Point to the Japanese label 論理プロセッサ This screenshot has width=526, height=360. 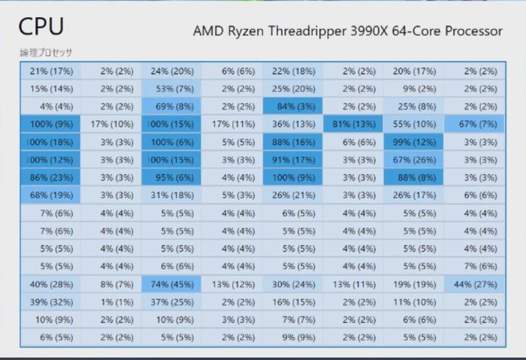[46, 52]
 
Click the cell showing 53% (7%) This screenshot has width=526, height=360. [172, 89]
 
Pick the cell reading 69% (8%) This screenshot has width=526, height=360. [172, 106]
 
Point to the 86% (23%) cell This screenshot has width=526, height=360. [51, 177]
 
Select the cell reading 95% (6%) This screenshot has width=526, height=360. [172, 177]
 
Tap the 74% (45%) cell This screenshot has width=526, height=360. [172, 284]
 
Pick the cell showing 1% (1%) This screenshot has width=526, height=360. [111, 302]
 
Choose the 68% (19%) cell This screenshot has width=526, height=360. [51, 194]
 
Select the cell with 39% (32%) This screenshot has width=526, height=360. [51, 302]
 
